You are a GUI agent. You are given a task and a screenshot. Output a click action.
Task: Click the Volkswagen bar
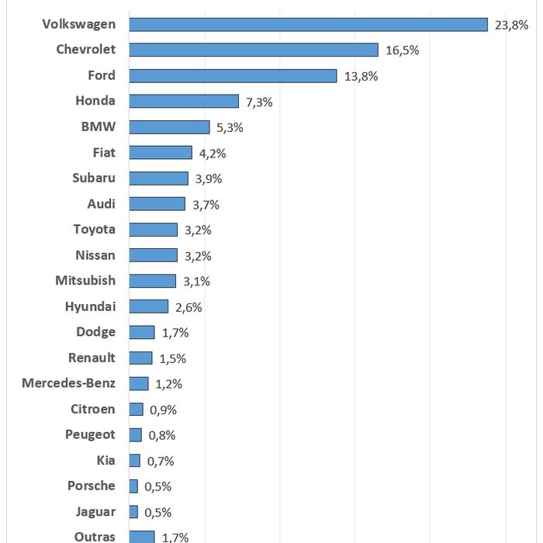click(308, 25)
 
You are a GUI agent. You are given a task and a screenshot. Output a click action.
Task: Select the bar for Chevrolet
click(254, 50)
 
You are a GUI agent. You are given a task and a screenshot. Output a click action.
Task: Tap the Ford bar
click(233, 76)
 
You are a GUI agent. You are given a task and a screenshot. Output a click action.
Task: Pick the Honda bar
click(184, 101)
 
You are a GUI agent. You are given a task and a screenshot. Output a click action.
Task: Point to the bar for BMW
click(169, 127)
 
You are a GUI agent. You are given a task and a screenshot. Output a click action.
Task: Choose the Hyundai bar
click(149, 306)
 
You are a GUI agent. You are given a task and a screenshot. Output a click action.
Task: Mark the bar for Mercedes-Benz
click(139, 383)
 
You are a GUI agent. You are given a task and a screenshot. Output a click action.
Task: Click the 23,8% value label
click(511, 25)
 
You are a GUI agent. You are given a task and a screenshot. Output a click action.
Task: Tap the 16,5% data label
click(402, 50)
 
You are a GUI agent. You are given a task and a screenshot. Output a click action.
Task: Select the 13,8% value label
click(361, 76)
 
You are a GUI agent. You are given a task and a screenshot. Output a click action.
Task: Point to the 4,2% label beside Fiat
click(213, 153)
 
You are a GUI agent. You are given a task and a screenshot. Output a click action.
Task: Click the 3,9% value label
click(209, 178)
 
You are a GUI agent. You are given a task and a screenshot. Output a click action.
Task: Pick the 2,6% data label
click(188, 307)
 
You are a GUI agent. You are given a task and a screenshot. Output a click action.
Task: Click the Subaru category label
click(94, 178)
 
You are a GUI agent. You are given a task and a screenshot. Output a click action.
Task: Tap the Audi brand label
click(102, 203)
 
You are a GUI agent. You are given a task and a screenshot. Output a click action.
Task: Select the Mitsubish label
click(85, 280)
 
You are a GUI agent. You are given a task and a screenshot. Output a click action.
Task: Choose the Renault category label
click(92, 358)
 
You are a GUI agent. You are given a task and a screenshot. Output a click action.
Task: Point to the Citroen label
click(93, 409)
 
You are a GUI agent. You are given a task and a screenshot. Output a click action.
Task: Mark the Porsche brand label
click(92, 486)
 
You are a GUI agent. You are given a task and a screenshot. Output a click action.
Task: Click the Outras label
click(95, 536)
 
